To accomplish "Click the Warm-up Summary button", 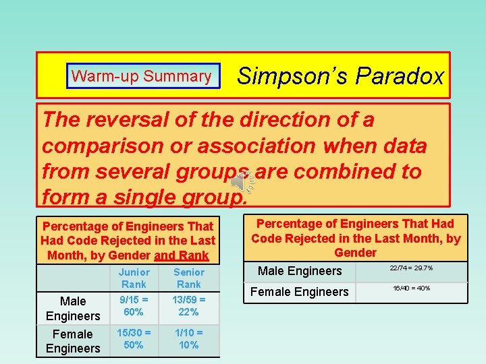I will [x=142, y=76].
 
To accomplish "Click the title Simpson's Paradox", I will [x=341, y=76].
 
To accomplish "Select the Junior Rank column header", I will [x=134, y=278].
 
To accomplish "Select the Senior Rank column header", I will [x=188, y=278].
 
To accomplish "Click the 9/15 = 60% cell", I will [x=134, y=305].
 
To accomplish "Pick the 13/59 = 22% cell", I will [x=188, y=305].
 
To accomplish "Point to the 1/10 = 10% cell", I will [x=188, y=338].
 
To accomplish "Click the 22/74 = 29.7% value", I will [x=411, y=268].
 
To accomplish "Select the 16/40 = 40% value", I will [x=411, y=289].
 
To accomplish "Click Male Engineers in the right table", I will [x=300, y=271].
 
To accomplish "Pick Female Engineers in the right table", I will [x=300, y=292].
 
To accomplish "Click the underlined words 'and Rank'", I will [x=182, y=255].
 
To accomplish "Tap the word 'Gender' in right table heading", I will [x=356, y=252].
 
